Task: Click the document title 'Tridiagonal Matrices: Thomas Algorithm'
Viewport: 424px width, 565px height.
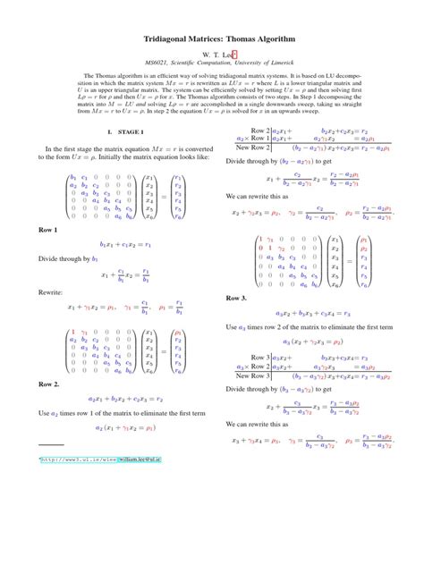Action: (x=212, y=41)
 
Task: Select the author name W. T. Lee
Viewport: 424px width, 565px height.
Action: (x=209, y=55)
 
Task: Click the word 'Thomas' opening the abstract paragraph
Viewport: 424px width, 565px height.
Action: (x=103, y=76)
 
